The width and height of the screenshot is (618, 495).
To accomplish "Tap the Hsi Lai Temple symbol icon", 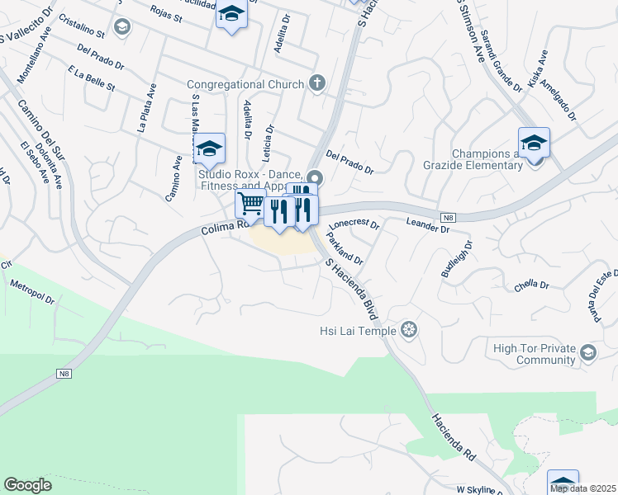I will pyautogui.click(x=408, y=331).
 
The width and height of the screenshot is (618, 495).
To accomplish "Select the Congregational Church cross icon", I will pyautogui.click(x=316, y=82).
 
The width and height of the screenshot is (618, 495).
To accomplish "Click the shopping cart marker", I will pyautogui.click(x=250, y=204).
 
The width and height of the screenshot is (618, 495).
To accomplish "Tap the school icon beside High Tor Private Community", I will pyautogui.click(x=587, y=354).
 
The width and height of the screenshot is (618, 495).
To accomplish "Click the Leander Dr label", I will pyautogui.click(x=427, y=225).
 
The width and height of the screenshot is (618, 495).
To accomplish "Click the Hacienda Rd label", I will pyautogui.click(x=453, y=436).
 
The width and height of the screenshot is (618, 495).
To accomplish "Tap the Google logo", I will pyautogui.click(x=27, y=485).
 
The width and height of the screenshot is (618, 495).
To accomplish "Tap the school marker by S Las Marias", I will pyautogui.click(x=210, y=148).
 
